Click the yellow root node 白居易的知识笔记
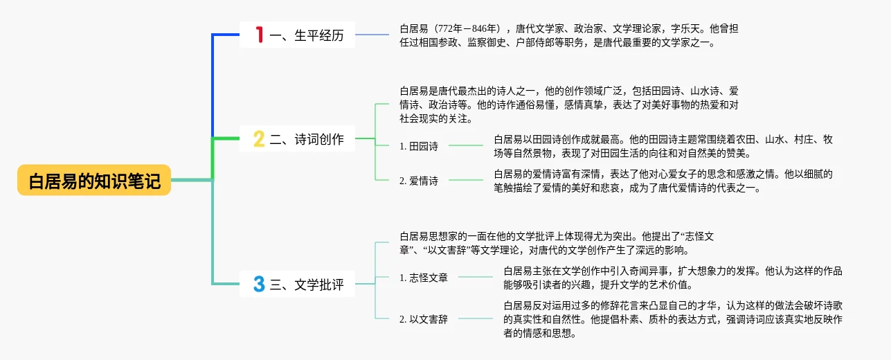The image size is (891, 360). (x=94, y=180)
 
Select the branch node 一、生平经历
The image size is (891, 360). (x=297, y=35)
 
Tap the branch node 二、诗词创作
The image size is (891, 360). (x=297, y=139)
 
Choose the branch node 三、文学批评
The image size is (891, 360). (x=297, y=284)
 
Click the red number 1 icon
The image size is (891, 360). (x=260, y=35)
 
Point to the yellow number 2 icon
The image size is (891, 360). (x=259, y=139)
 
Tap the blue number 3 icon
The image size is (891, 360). (x=259, y=284)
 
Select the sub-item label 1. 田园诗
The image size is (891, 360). (x=418, y=146)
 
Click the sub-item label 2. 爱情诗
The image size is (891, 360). (x=418, y=181)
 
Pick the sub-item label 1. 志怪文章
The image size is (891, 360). (x=423, y=278)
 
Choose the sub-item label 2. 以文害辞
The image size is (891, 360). (x=423, y=319)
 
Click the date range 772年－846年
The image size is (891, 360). (x=467, y=28)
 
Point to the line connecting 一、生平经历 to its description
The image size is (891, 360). (x=372, y=35)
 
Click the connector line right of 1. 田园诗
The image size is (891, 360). (x=466, y=145)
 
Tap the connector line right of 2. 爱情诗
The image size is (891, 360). (x=466, y=180)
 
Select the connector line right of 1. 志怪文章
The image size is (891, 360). (x=476, y=277)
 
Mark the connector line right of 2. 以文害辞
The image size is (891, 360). (x=476, y=318)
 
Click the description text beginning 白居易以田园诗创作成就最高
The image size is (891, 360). (x=663, y=146)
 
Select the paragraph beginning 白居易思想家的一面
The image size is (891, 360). (x=557, y=243)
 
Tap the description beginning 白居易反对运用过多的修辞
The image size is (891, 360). (x=673, y=319)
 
